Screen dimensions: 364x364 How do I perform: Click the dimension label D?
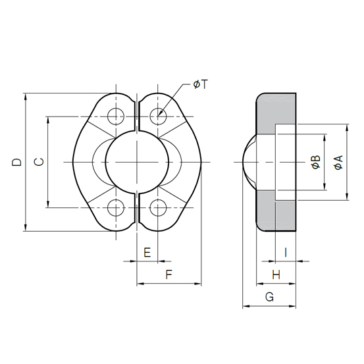coord(17,162)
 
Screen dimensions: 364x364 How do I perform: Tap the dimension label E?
coord(147,252)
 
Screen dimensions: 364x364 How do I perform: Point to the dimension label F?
coord(169,275)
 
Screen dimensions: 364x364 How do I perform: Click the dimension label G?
coord(269,297)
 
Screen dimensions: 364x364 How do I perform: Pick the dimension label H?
coord(276,274)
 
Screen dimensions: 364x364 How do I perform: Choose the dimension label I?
coord(286,252)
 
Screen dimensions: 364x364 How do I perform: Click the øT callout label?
coord(200,84)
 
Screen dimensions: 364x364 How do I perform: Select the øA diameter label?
coord(338,162)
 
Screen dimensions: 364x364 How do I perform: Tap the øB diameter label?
coord(316,162)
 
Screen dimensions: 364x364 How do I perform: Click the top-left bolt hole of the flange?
coord(116,117)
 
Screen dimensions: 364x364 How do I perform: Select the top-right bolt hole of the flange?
coord(158,117)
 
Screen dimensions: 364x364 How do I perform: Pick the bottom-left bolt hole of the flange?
coord(116,208)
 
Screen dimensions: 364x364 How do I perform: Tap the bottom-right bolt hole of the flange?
coord(158,208)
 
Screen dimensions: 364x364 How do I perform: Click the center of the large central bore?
coord(137,162)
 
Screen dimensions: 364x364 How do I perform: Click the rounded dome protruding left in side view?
coord(249,162)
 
